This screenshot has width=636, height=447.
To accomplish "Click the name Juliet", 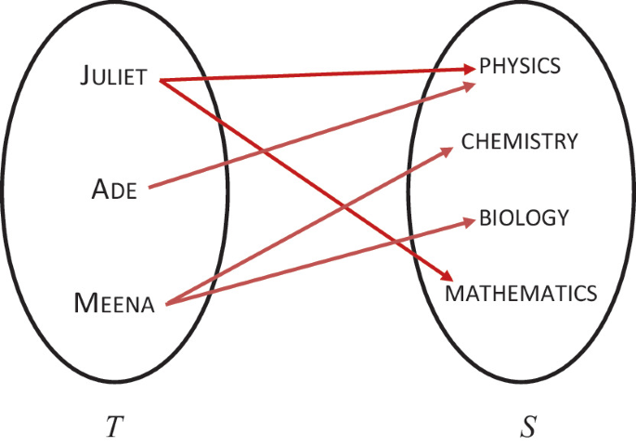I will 112,77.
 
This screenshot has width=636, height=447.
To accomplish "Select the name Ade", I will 115,191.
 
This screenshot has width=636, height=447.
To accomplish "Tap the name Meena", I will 113,304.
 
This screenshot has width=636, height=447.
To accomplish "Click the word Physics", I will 520,66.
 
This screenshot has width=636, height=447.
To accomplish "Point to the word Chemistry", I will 520,141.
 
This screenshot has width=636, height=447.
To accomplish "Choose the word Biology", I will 524,218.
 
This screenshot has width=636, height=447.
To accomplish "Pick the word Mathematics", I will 521,294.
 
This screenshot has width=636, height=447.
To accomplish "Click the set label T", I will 113,427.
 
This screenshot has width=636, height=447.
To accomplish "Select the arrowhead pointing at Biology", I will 470,222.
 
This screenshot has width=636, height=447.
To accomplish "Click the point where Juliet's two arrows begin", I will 160,80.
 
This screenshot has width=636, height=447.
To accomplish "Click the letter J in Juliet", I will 84,77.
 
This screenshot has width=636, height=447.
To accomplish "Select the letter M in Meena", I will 83,304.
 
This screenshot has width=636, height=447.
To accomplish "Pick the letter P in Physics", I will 485,66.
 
